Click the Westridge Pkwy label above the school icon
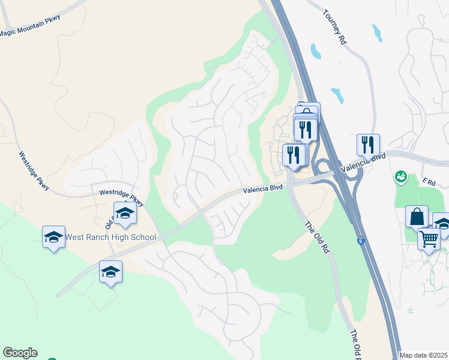pos(121,197)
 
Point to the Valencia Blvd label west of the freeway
pos(262,189)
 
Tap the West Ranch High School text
pos(110,237)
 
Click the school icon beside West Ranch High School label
pos(53,237)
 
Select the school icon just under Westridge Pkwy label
pos(125,214)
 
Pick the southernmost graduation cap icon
pos(110,272)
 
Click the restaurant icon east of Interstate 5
pos(368,145)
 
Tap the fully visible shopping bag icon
pos(417,216)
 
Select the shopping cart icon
pos(429,239)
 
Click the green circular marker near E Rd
pos(400,176)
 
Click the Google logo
pos(20,353)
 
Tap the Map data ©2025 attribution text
pos(424,355)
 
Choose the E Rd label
pos(428,181)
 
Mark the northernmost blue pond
pos(377,32)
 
